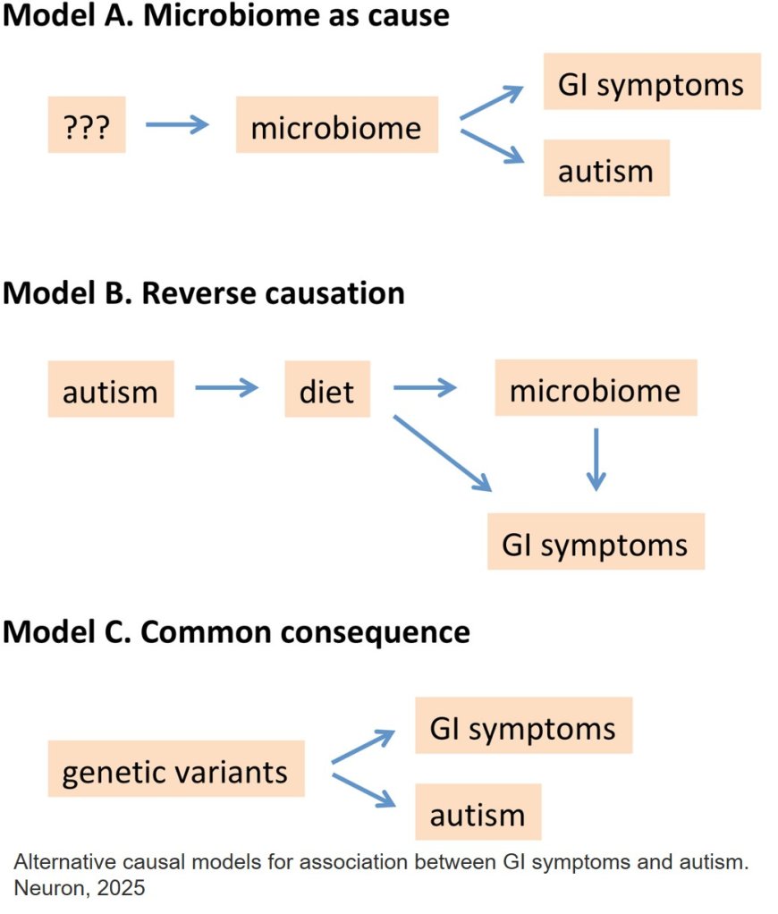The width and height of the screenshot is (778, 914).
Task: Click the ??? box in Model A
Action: [x=87, y=125]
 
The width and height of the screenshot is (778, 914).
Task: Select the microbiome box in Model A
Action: [x=336, y=125]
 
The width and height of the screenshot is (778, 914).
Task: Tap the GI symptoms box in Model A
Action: [x=651, y=82]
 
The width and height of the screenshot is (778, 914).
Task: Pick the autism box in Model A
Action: [x=605, y=168]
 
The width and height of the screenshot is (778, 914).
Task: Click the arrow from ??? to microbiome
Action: [x=176, y=124]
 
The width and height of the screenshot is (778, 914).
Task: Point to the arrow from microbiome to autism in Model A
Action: [x=491, y=147]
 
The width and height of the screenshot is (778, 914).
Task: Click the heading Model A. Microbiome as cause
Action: [x=225, y=16]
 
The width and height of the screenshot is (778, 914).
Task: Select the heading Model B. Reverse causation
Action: [x=204, y=292]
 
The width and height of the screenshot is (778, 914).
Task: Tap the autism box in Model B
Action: [x=111, y=390]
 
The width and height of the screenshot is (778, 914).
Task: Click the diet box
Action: [x=326, y=390]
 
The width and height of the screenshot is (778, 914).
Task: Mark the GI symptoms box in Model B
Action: [x=596, y=542]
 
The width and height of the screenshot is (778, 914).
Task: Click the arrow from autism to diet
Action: [x=226, y=388]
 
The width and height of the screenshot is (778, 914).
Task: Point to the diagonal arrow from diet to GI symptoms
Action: [x=442, y=453]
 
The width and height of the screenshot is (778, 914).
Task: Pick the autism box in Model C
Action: [x=478, y=812]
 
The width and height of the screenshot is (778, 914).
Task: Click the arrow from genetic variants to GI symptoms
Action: [x=362, y=746]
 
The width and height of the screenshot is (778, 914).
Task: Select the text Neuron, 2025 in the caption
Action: [x=79, y=889]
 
